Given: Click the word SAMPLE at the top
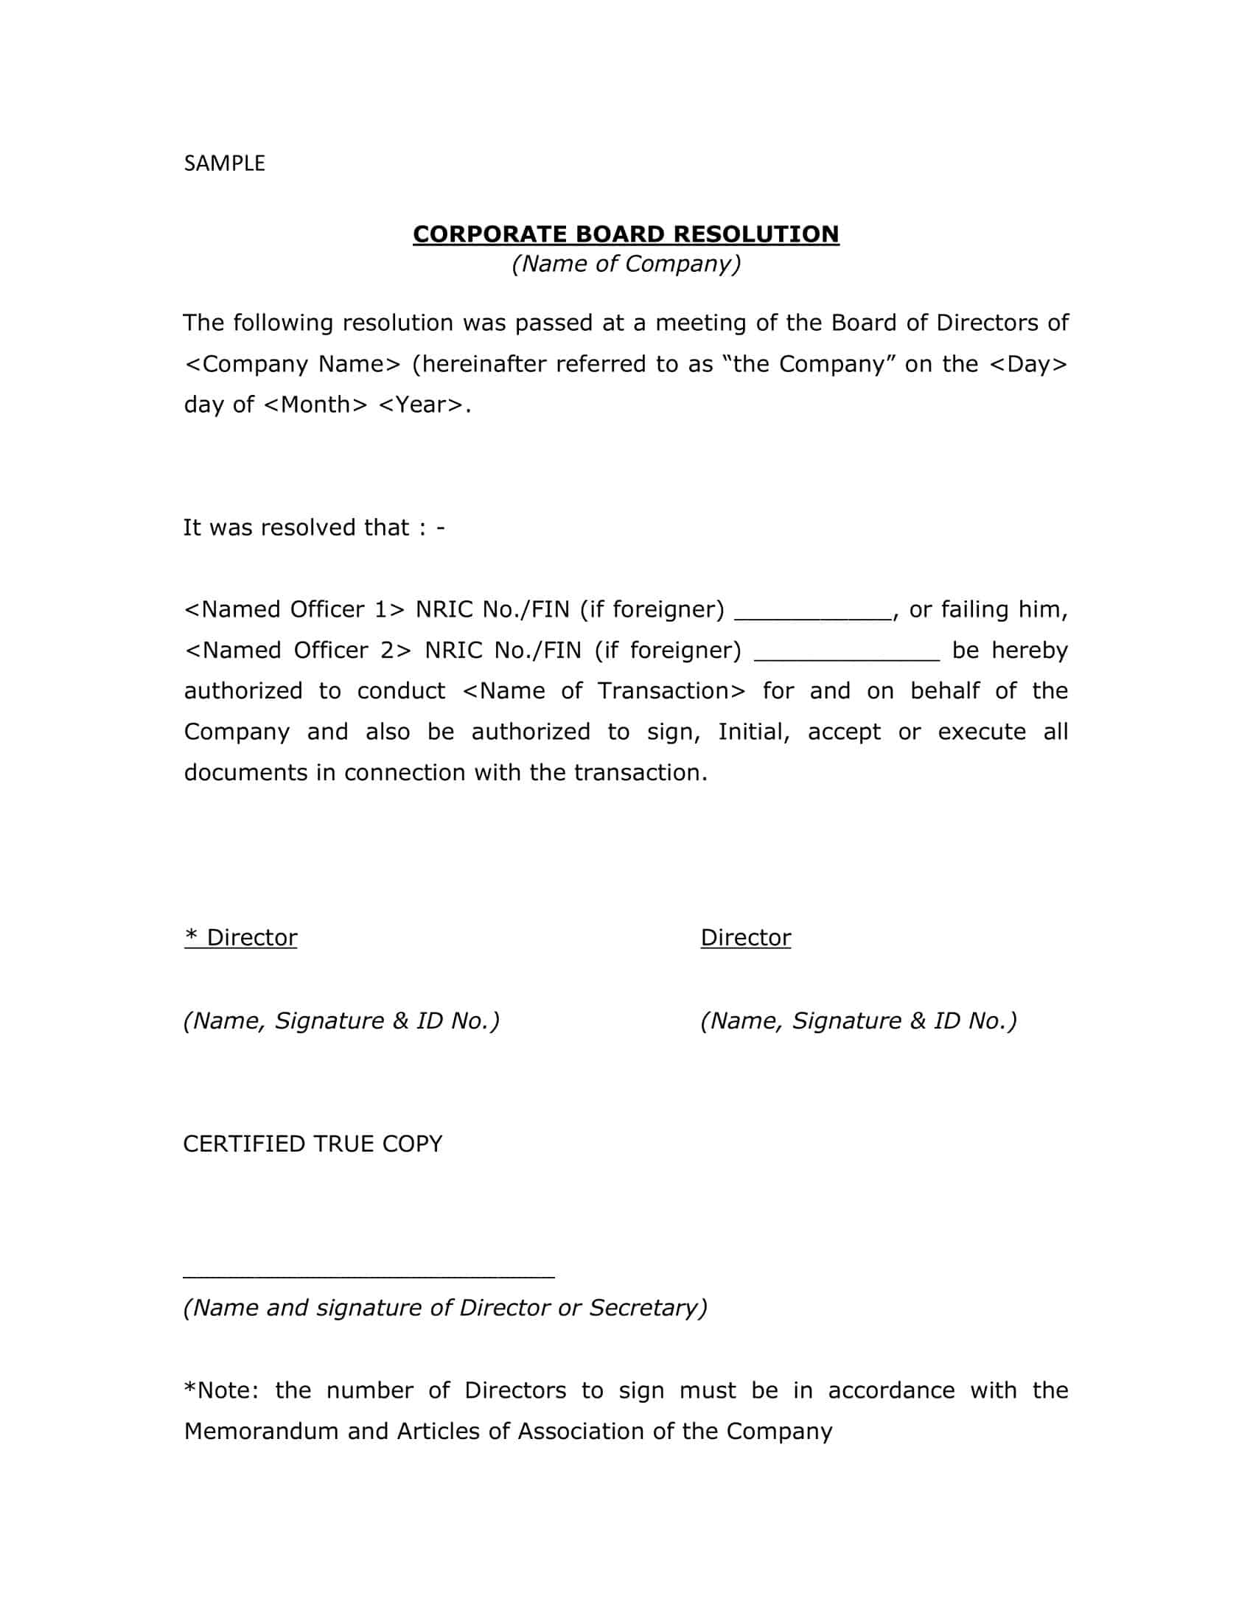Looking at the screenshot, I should (x=224, y=164).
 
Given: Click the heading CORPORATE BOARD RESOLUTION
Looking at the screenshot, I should (x=626, y=234).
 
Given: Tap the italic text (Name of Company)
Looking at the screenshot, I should (x=626, y=265).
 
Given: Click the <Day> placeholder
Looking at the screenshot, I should (x=1028, y=365).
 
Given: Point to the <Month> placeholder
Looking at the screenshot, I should (x=315, y=405).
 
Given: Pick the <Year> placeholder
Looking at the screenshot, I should (x=421, y=405).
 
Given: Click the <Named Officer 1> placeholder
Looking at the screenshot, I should (x=295, y=610).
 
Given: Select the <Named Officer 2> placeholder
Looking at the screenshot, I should (x=298, y=651).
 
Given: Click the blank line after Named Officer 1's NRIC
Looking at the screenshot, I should (x=813, y=616).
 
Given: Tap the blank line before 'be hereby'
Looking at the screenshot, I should (x=847, y=657).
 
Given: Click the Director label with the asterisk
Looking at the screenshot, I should (x=240, y=938).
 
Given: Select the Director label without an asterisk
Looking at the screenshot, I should (x=745, y=938).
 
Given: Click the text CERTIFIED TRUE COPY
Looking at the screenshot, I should (x=313, y=1144).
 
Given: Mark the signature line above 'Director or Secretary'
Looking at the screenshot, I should (x=369, y=1277).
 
